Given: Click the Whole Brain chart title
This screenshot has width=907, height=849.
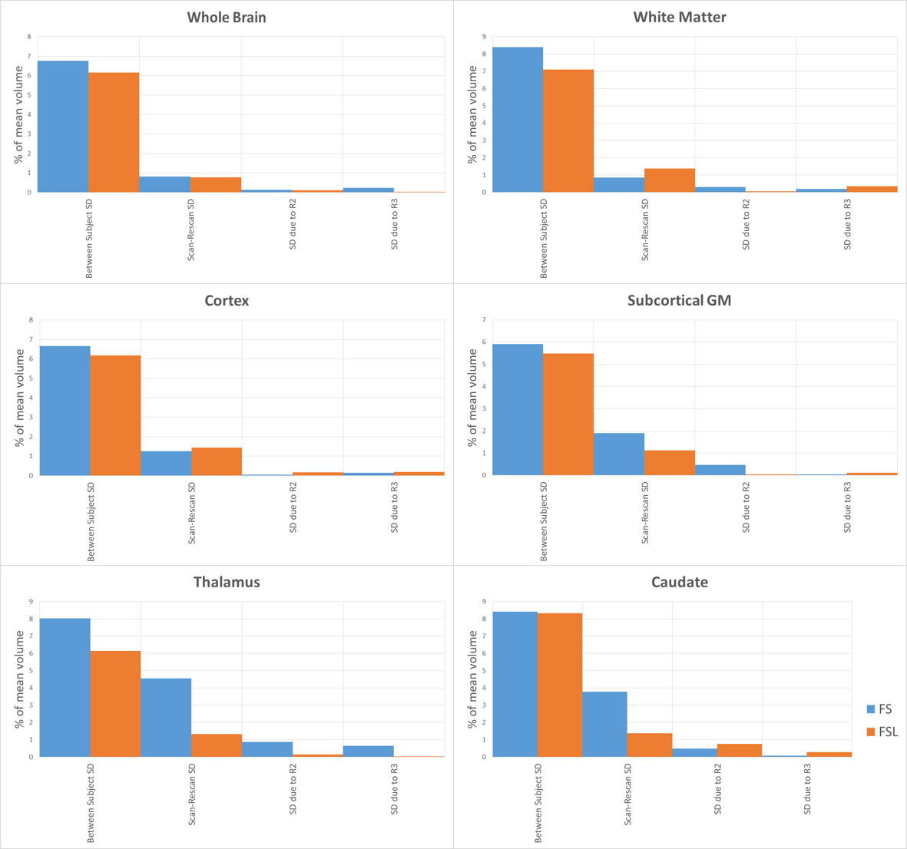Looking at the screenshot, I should [227, 17].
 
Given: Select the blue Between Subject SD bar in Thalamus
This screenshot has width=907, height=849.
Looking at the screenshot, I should [65, 687].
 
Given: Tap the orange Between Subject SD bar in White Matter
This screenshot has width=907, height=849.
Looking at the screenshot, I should [568, 130].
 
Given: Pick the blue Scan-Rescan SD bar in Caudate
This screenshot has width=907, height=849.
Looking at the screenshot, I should [604, 724].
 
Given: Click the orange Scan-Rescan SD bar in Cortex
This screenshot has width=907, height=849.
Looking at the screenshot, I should [217, 461].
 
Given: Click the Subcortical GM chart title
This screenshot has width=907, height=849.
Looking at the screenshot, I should [679, 301].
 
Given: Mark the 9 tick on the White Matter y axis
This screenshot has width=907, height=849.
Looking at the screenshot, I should [484, 37].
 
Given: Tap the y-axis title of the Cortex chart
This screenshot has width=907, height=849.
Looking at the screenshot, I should [21, 398].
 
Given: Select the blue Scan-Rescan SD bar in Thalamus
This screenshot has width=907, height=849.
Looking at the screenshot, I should [166, 717].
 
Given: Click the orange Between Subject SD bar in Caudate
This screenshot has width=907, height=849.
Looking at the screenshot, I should [560, 685].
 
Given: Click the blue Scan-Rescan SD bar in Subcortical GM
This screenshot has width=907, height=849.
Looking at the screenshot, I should [619, 454].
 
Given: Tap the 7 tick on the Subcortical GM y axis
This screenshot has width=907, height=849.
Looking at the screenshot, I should [484, 320].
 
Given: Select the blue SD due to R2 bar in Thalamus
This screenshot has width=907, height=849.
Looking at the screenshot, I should [267, 749].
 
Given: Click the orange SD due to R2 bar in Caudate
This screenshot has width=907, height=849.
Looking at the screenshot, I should [740, 750].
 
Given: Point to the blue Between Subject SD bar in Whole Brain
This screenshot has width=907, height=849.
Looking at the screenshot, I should [63, 126].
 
